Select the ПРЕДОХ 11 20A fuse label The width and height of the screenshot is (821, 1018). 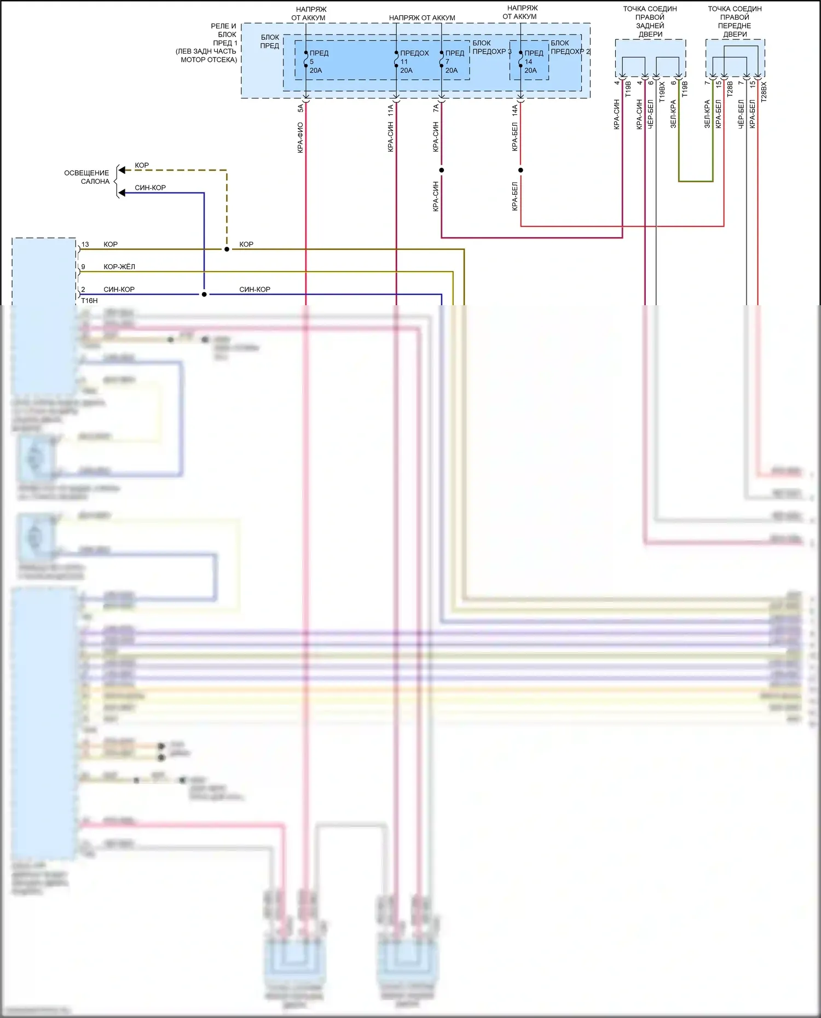pyautogui.click(x=414, y=62)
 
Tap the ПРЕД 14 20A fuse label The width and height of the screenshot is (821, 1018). pyautogui.click(x=534, y=62)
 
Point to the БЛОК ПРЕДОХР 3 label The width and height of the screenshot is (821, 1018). pyautogui.click(x=491, y=47)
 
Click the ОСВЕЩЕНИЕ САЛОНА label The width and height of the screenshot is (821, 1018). pyautogui.click(x=87, y=177)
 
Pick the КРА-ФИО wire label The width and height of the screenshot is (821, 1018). pyautogui.click(x=300, y=137)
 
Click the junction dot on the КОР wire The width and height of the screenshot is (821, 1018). pyautogui.click(x=227, y=249)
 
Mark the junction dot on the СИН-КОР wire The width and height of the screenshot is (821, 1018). pyautogui.click(x=204, y=294)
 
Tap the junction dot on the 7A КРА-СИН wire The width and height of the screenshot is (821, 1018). pyautogui.click(x=442, y=170)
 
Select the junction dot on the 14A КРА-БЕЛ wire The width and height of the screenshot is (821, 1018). pyautogui.click(x=521, y=170)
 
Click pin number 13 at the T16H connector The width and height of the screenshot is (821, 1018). pyautogui.click(x=85, y=245)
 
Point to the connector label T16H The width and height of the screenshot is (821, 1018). pyautogui.click(x=89, y=301)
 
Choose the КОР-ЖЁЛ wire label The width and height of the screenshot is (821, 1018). pyautogui.click(x=119, y=267)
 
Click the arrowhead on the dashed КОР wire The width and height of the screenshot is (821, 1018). pyautogui.click(x=122, y=170)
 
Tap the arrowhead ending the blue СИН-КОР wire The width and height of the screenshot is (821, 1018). pyautogui.click(x=122, y=193)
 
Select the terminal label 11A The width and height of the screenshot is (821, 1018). pyautogui.click(x=391, y=110)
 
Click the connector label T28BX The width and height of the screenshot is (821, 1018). pyautogui.click(x=764, y=92)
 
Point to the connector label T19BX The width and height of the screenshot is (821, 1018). pyautogui.click(x=662, y=92)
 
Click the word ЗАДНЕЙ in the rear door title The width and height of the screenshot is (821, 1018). pyautogui.click(x=650, y=26)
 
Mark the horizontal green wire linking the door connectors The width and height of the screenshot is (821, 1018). pyautogui.click(x=696, y=181)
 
